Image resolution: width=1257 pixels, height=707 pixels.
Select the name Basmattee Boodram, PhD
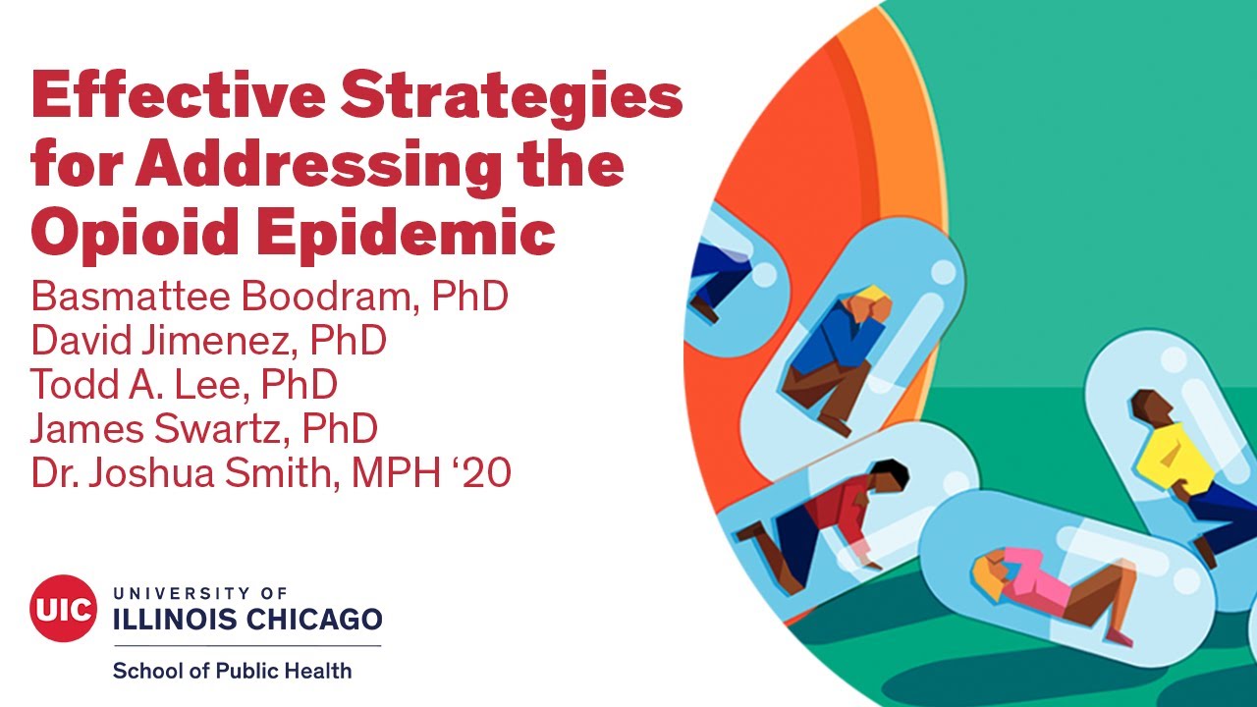pos(269,296)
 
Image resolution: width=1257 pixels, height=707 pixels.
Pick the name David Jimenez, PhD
pos(208,340)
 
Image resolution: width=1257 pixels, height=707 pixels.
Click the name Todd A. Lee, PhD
pos(184,384)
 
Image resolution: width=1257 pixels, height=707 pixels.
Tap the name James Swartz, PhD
pos(204,429)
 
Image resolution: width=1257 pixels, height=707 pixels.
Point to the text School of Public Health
pos(232,672)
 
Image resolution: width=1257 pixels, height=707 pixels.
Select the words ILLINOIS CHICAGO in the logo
pos(247,620)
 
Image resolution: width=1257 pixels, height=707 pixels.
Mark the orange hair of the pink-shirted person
pos(987,572)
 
